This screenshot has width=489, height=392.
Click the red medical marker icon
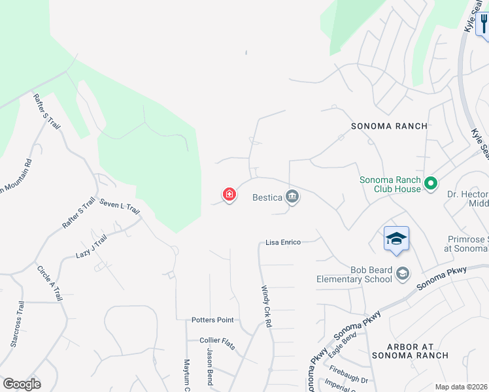click(229, 194)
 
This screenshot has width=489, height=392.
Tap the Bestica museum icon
click(293, 196)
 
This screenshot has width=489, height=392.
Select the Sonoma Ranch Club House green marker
click(430, 184)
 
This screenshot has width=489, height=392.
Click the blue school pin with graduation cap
click(396, 239)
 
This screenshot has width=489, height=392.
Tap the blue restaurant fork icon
click(482, 24)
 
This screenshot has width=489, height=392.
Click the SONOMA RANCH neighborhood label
click(389, 126)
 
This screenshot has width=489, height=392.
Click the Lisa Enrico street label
click(283, 242)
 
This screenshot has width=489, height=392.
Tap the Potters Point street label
click(212, 320)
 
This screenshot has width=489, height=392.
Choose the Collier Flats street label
click(218, 340)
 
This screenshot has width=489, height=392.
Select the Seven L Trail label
click(120, 207)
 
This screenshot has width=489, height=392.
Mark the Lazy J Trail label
click(91, 246)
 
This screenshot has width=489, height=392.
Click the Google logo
click(22, 384)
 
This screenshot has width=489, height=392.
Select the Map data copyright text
click(461, 387)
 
